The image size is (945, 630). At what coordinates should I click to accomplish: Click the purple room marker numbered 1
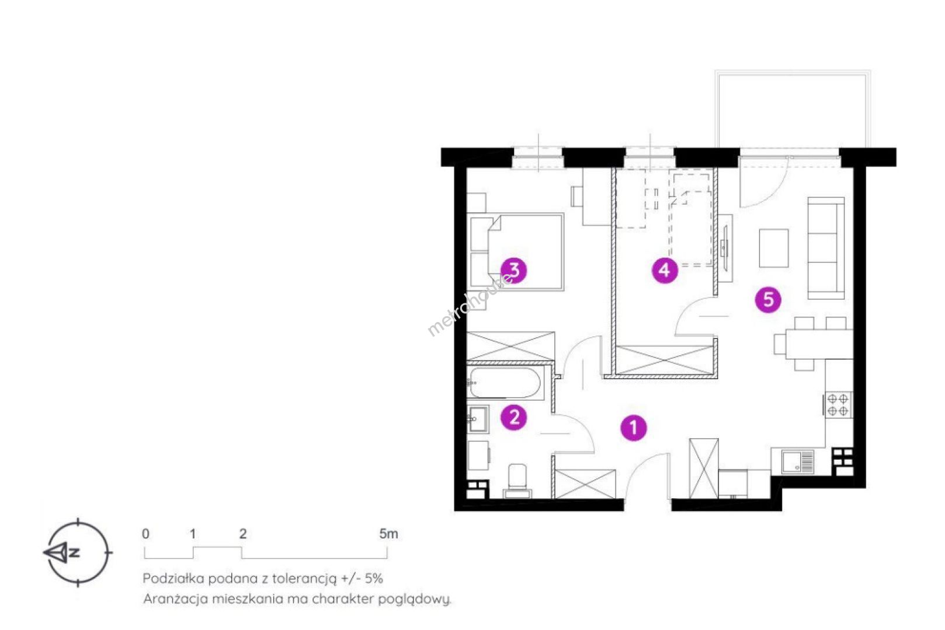tap(634, 428)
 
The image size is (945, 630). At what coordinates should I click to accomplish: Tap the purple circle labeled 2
tap(514, 417)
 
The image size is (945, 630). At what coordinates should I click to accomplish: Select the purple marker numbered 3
tap(514, 269)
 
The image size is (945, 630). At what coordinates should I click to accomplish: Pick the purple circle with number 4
tap(665, 269)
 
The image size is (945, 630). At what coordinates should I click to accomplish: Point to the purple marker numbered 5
tap(768, 300)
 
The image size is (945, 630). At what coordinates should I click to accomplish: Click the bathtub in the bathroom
tap(505, 383)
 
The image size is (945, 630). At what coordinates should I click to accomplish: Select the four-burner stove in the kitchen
tap(838, 405)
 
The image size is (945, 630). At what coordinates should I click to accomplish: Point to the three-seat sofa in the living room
tap(826, 248)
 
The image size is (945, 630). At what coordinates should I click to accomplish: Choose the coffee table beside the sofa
tap(774, 248)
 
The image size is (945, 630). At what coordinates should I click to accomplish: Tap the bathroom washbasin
tap(478, 419)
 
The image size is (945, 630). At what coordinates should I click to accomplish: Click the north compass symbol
tap(78, 552)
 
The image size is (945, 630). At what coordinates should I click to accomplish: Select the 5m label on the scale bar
tap(388, 534)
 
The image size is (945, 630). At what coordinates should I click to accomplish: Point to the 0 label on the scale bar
tap(145, 534)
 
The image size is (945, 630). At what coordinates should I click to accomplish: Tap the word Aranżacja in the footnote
tap(175, 599)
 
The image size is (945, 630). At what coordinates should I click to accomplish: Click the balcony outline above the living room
tap(793, 109)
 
